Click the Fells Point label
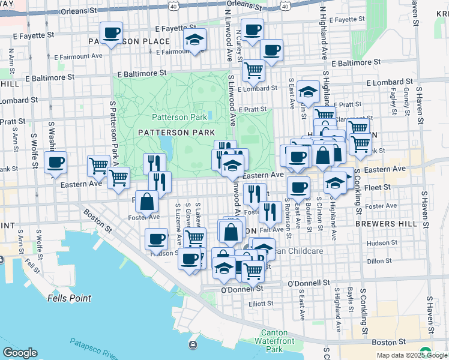[x=70, y=298]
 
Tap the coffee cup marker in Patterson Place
[x=111, y=33]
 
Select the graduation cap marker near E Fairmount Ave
[x=194, y=40]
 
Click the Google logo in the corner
[x=20, y=353]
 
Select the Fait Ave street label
[x=272, y=230]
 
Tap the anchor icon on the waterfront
[x=193, y=345]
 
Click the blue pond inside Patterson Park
[x=164, y=145]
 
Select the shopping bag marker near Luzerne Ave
[x=146, y=202]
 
